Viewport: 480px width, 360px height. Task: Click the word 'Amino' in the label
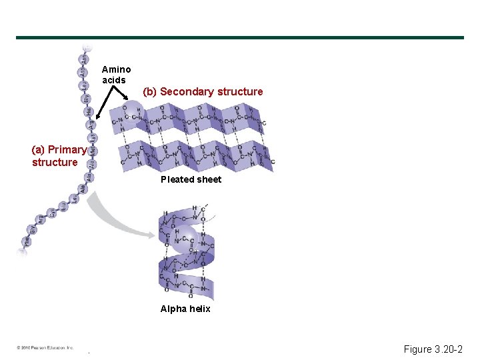pyautogui.click(x=116, y=69)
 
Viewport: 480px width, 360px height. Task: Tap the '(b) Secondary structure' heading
pyautogui.click(x=203, y=91)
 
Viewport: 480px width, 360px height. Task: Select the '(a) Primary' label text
pyautogui.click(x=59, y=149)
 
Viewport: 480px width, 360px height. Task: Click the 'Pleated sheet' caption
pyautogui.click(x=191, y=179)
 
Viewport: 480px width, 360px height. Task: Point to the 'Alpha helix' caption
pyautogui.click(x=185, y=309)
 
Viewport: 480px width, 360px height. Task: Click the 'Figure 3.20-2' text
pyautogui.click(x=433, y=349)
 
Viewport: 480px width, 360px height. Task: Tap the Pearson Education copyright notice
pyautogui.click(x=45, y=348)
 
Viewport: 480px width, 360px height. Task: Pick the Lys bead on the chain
pyautogui.click(x=92, y=139)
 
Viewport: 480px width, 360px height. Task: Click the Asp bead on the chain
pyautogui.click(x=83, y=73)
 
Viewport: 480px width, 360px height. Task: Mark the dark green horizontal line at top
pyautogui.click(x=240, y=37)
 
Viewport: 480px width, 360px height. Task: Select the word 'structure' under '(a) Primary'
pyautogui.click(x=55, y=162)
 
